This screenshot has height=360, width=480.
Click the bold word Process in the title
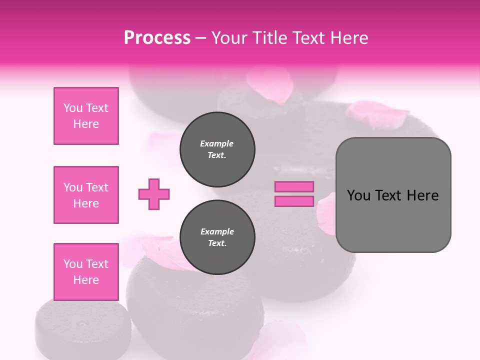pos(157,38)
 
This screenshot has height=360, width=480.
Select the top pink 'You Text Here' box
pos(86,116)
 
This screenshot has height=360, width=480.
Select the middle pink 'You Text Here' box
pos(86,195)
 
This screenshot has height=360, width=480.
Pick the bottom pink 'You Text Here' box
pos(86,272)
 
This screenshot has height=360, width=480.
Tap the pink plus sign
pos(154,194)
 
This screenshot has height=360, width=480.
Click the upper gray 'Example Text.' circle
pos(217,149)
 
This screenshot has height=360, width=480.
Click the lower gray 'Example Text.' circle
pos(217,237)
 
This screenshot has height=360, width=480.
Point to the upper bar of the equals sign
pos(294,186)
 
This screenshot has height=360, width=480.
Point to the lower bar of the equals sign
pos(294,201)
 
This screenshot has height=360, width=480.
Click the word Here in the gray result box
pos(422,195)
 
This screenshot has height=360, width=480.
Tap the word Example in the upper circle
pos(216,144)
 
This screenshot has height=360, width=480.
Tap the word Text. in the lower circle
pos(217,243)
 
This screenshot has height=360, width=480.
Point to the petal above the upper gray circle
pos(270,85)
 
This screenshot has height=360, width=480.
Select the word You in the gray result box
pos(358,195)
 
